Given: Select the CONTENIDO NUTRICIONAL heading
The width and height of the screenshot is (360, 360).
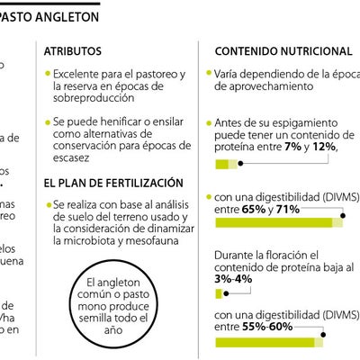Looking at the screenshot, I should (283, 52).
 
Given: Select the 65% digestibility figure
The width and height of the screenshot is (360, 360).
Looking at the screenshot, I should (254, 208).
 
